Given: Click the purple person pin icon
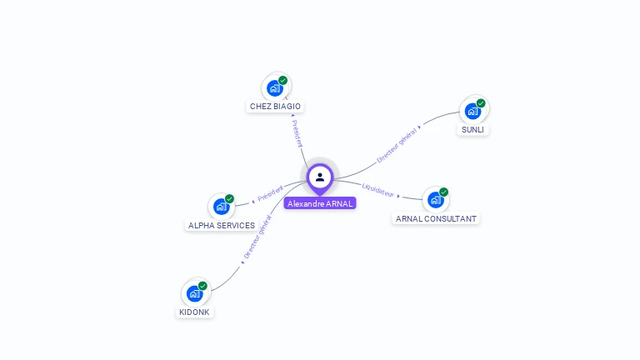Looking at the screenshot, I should coord(320,177).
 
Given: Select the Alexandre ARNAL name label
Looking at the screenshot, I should coord(320,203).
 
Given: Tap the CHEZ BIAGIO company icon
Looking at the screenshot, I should coord(274,87).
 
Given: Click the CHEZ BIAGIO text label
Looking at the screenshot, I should coord(275,107).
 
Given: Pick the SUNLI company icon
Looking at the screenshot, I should coord(472,111).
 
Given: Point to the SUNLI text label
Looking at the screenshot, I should coord(472,130).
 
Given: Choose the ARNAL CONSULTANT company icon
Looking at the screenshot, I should coord(435,200).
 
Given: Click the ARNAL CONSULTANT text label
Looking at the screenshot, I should coord(436,218).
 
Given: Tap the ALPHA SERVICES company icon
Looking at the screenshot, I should coord(221,207).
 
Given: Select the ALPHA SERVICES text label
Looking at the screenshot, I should coord(222,225).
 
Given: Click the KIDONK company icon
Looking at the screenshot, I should coord(194,293).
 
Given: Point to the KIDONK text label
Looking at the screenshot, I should coord(195,312).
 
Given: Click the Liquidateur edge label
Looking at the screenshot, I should coord(378,190).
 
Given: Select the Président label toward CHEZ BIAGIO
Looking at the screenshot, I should coord(297,132).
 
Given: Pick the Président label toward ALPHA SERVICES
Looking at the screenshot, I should coord(270,193).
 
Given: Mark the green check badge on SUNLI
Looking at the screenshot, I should coord(481,103).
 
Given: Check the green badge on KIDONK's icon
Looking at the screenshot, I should coord(202,286).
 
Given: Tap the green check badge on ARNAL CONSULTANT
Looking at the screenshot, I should coord(443,192).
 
